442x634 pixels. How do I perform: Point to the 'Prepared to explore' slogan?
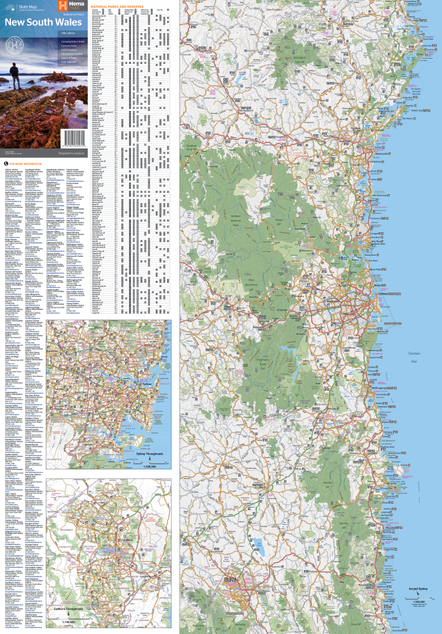tap(72, 152)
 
